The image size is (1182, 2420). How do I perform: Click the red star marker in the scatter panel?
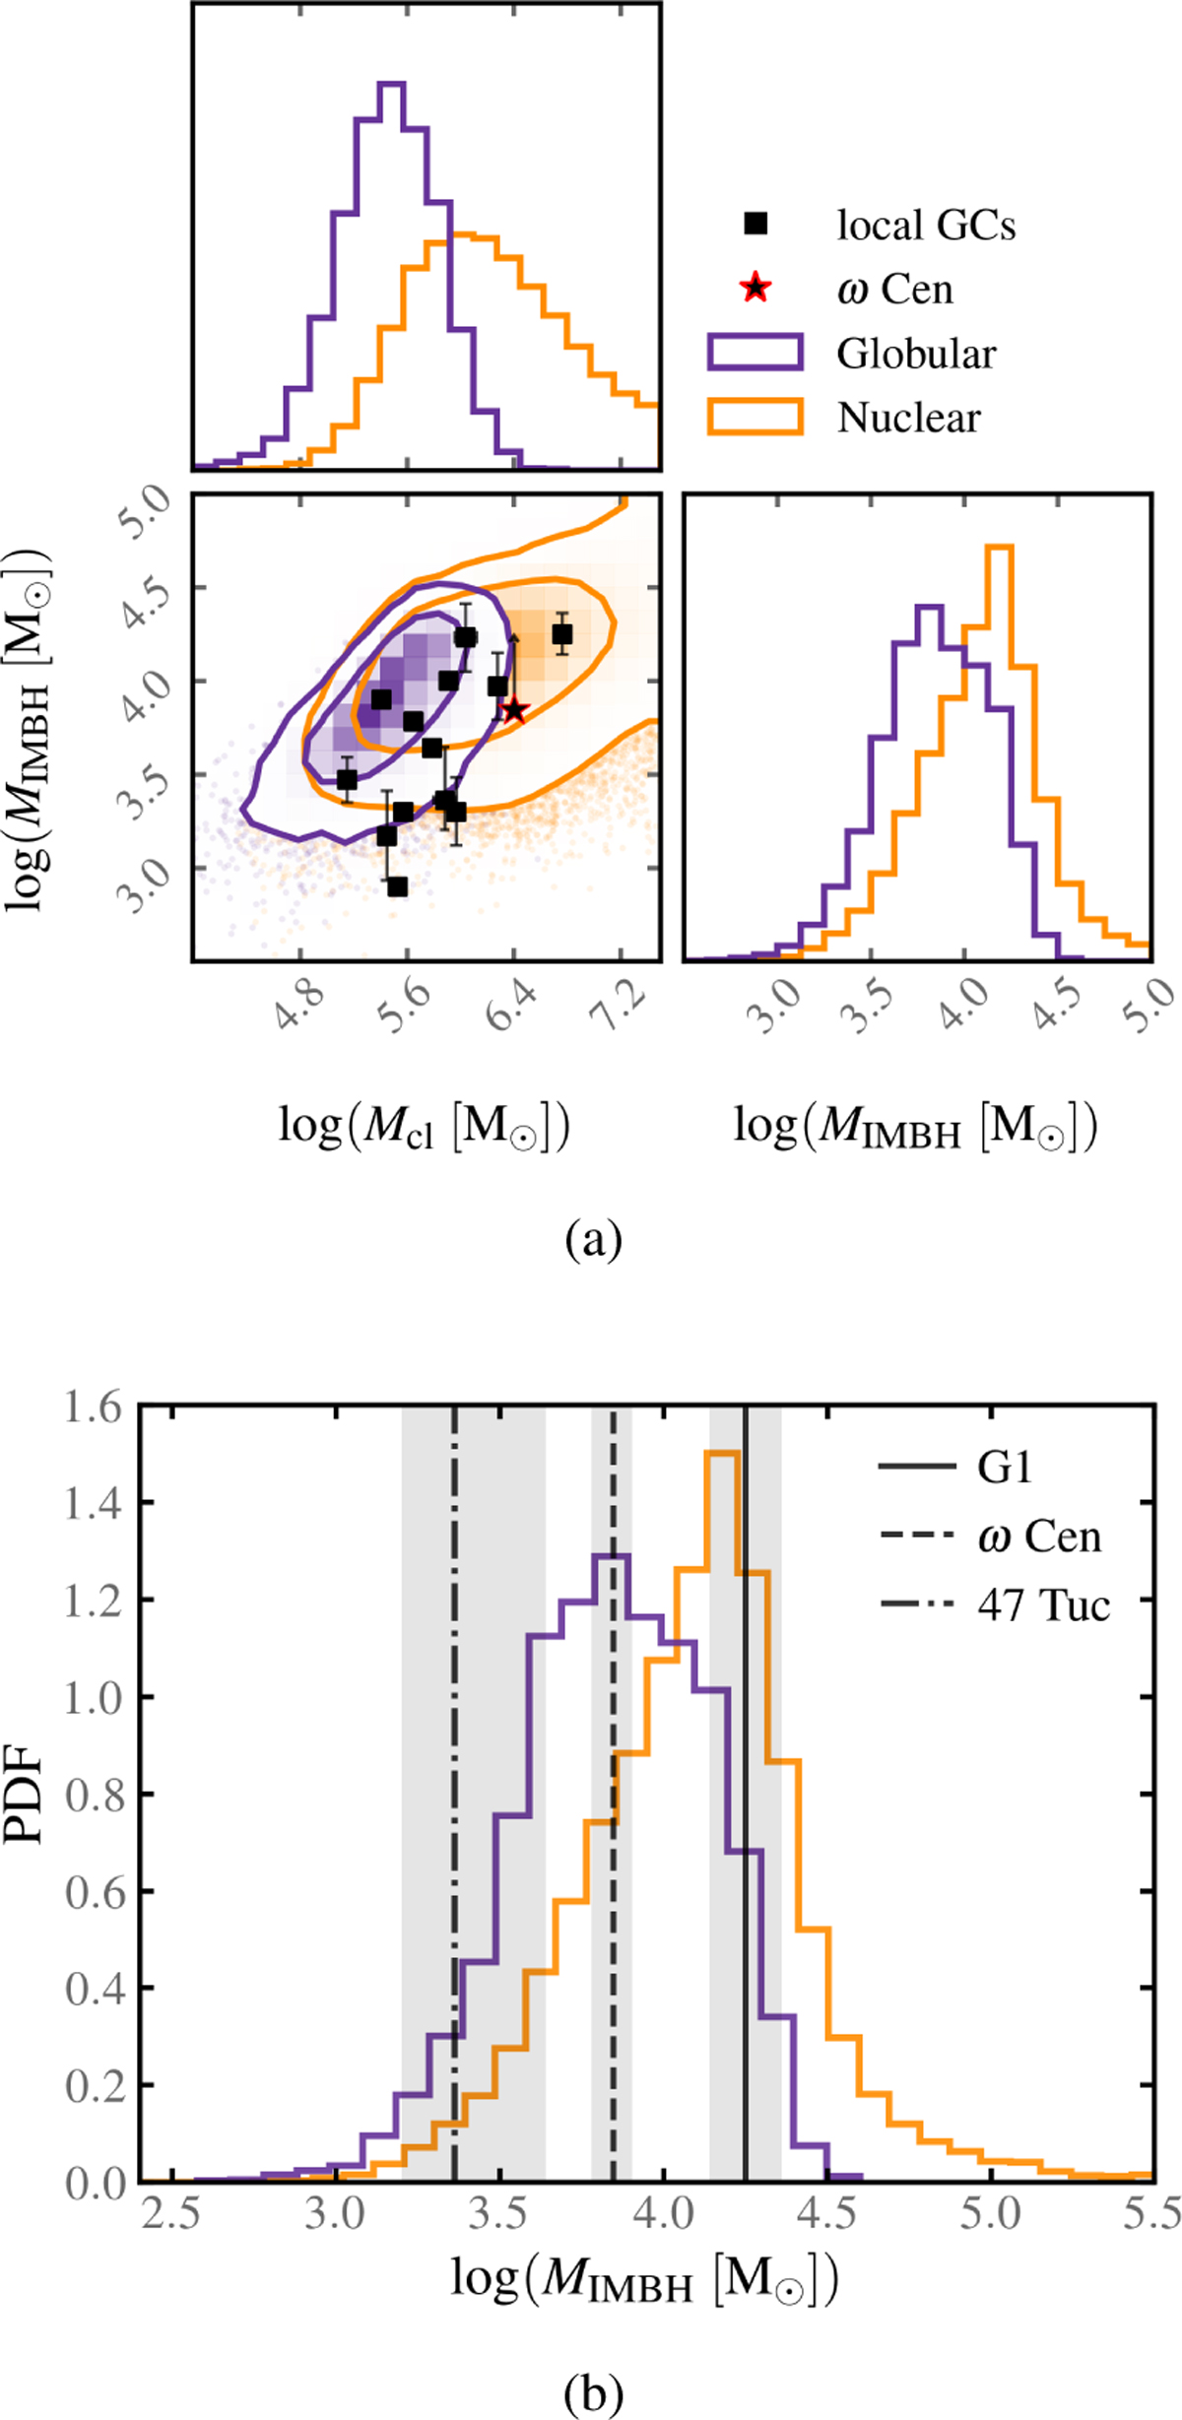pos(514,709)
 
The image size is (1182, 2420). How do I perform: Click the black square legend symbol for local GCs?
pos(755,225)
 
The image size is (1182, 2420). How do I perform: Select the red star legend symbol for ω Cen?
pos(755,288)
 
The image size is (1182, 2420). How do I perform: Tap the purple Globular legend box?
pos(755,352)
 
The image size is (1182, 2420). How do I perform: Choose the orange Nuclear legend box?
pos(755,416)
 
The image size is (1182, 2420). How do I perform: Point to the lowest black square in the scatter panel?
pos(397,887)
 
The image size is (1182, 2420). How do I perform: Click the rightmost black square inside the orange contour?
pos(562,634)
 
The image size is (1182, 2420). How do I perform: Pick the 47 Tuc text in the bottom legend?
pos(1043,1606)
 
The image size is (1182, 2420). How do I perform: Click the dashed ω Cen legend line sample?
pos(917,1537)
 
